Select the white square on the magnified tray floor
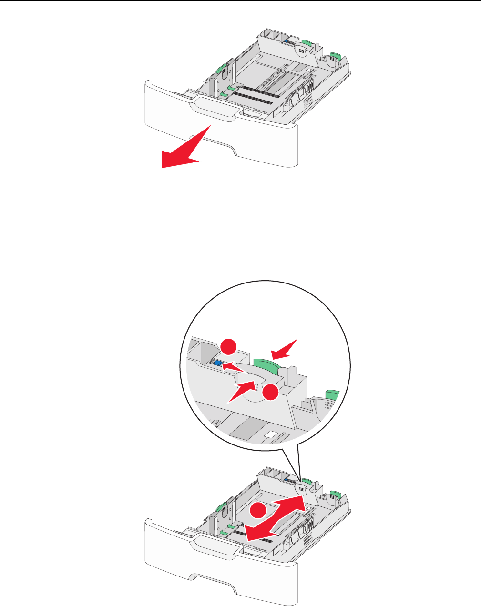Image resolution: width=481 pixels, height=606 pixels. pyautogui.click(x=271, y=434)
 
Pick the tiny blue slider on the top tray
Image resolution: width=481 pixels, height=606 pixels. pyautogui.click(x=289, y=42)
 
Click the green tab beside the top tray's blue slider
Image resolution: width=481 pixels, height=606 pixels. pyautogui.click(x=307, y=45)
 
